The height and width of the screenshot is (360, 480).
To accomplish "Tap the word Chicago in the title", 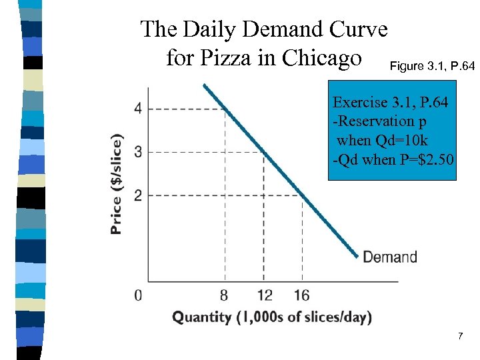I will [323, 58].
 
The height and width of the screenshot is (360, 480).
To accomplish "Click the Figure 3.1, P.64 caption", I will [432, 66].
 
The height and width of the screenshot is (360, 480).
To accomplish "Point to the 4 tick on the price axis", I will [137, 109].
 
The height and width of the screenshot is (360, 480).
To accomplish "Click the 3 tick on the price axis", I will [137, 152].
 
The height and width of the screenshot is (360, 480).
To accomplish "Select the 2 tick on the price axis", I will [137, 195].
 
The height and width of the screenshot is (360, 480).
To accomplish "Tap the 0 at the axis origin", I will [138, 295].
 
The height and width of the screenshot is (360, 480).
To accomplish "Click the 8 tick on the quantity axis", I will [225, 295].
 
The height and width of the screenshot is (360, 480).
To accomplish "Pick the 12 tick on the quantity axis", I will [264, 295].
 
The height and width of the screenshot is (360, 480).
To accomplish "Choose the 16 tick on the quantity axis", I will [301, 295].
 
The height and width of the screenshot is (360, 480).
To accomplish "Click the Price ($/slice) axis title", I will [117, 185].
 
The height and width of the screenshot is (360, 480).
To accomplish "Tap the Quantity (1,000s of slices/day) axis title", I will [272, 317].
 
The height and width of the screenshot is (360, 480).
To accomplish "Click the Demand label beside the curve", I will [390, 257].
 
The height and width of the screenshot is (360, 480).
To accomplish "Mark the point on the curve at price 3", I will [263, 152].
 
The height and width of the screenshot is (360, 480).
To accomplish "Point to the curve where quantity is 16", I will [302, 195].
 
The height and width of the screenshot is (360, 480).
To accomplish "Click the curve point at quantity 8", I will [225, 109].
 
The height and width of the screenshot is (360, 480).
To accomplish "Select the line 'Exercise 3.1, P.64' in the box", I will [390, 103].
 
